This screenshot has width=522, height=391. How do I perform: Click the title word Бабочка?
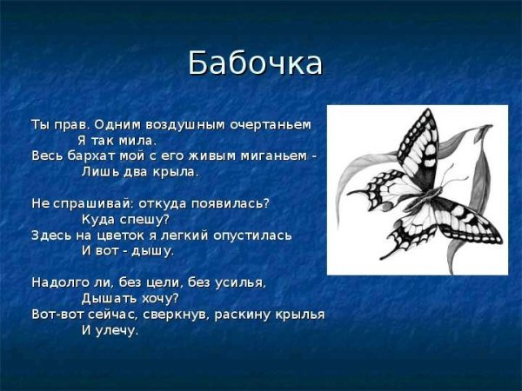[x=255, y=63]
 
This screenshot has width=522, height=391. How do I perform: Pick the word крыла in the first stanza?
[x=177, y=171]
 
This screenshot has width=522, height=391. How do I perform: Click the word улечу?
[x=118, y=330]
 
